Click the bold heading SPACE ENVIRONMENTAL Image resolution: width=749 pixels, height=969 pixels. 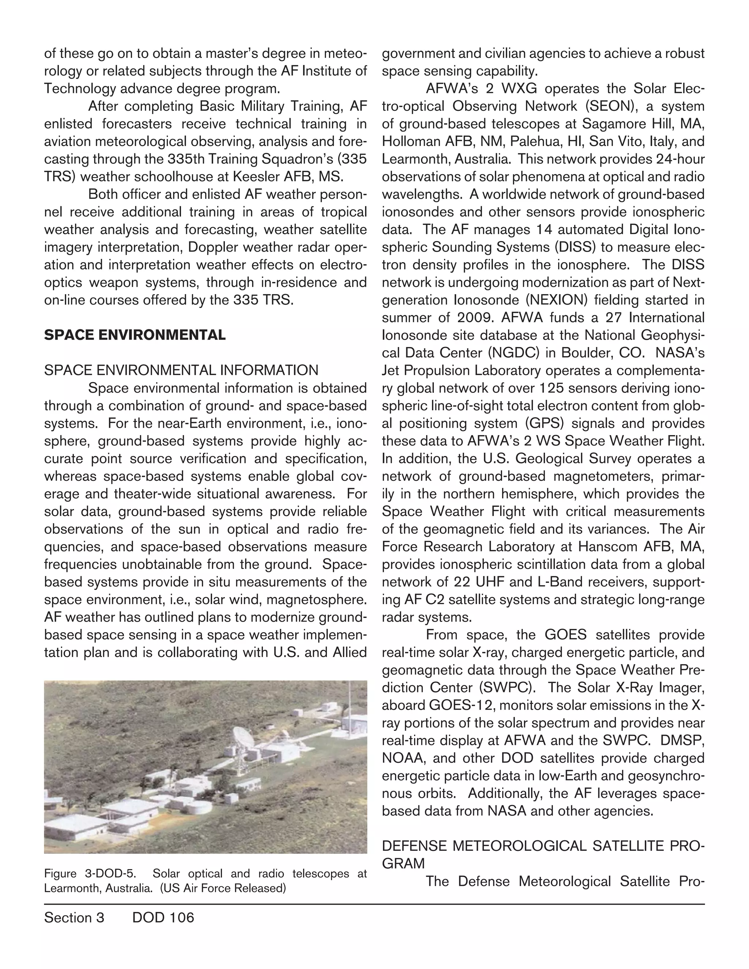pos(135,335)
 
